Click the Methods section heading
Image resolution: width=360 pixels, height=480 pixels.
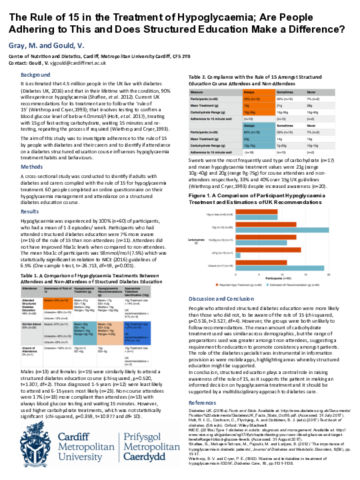click(x=31, y=166)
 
